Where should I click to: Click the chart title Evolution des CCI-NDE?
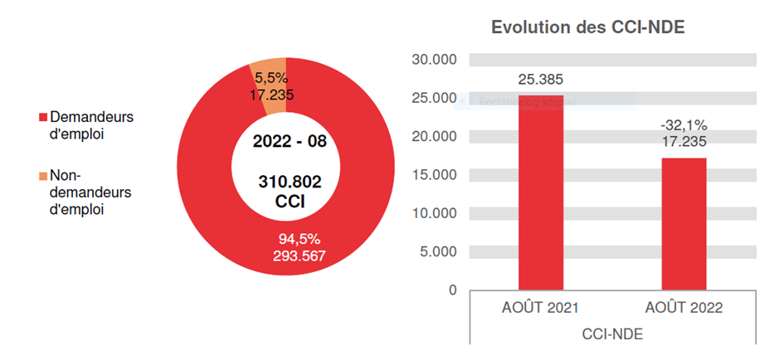(x=587, y=27)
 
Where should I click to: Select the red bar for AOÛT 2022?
(x=684, y=223)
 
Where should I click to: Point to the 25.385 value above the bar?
(x=540, y=80)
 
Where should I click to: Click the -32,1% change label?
(x=684, y=125)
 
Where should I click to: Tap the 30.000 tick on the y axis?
(x=435, y=60)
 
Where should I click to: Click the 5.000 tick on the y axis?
(x=438, y=251)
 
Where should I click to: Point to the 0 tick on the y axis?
(x=452, y=289)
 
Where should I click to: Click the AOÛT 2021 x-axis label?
(x=540, y=308)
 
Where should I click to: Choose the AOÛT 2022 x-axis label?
(x=684, y=308)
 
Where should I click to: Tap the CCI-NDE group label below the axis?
(x=612, y=334)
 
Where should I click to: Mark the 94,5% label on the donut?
(x=299, y=240)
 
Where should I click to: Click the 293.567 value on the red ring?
(x=299, y=255)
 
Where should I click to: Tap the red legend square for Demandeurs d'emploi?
(x=44, y=118)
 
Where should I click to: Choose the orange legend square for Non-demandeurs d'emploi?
(x=44, y=177)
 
